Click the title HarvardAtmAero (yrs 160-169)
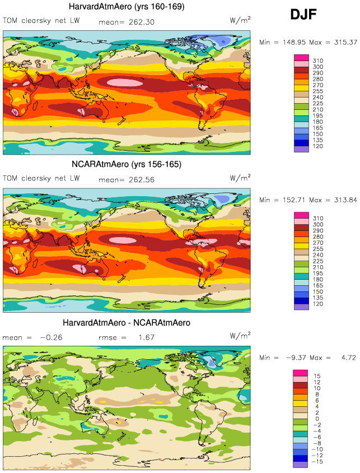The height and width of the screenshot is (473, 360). pos(127,7)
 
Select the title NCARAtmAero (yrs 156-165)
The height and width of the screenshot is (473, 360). pos(127,165)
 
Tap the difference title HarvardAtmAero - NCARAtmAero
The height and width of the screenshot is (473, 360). pos(127,323)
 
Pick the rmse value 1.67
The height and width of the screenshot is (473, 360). pos(146,338)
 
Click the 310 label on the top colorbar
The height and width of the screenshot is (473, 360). pos(317,60)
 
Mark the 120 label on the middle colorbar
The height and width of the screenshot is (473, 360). pos(317,305)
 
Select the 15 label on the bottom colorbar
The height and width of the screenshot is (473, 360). pos(316,375)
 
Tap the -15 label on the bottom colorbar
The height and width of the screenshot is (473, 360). pos(317,462)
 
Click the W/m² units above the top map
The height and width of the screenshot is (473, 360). pos(240,20)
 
